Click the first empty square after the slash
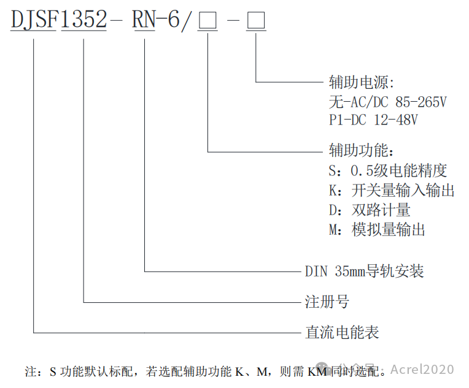[x=209, y=23]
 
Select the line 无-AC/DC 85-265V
[x=387, y=101]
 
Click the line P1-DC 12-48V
[x=373, y=120]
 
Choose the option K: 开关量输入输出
[x=392, y=190]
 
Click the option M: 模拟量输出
[x=377, y=230]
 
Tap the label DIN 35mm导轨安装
[x=364, y=271]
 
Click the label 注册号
[x=327, y=302]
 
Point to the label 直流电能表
[x=342, y=333]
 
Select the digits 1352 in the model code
[x=83, y=22]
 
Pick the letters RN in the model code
[x=145, y=22]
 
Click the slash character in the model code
[x=188, y=23]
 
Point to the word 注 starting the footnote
[x=30, y=371]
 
